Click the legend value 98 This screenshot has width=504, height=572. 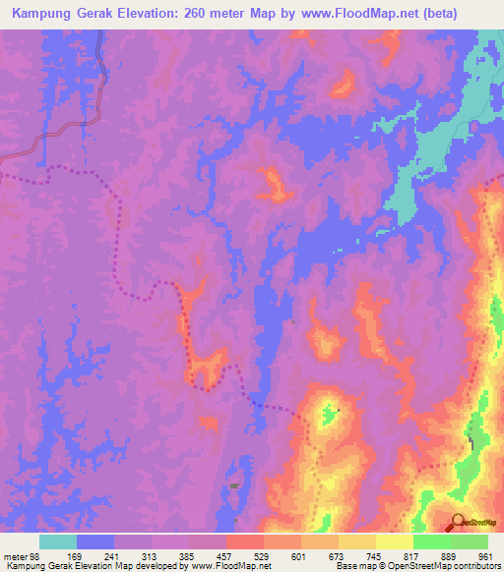click(x=36, y=555)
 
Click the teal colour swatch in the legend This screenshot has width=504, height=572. click(x=58, y=542)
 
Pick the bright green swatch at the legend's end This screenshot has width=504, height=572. click(x=470, y=542)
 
